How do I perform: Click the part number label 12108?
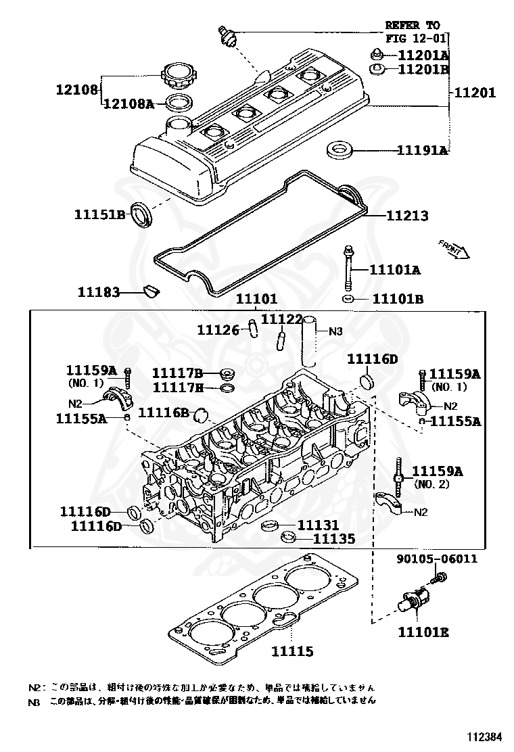tap(77, 89)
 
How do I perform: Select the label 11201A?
tap(423, 55)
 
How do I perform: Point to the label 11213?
tap(407, 216)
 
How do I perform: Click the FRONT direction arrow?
tap(453, 248)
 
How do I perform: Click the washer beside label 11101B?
tap(348, 298)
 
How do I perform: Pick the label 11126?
tap(218, 329)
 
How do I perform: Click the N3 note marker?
tap(336, 331)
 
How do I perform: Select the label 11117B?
tap(177, 373)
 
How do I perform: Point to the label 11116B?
tap(163, 412)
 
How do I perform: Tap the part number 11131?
tap(319, 525)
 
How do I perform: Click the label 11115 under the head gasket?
tap(292, 651)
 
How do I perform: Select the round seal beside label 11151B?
tap(142, 214)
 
